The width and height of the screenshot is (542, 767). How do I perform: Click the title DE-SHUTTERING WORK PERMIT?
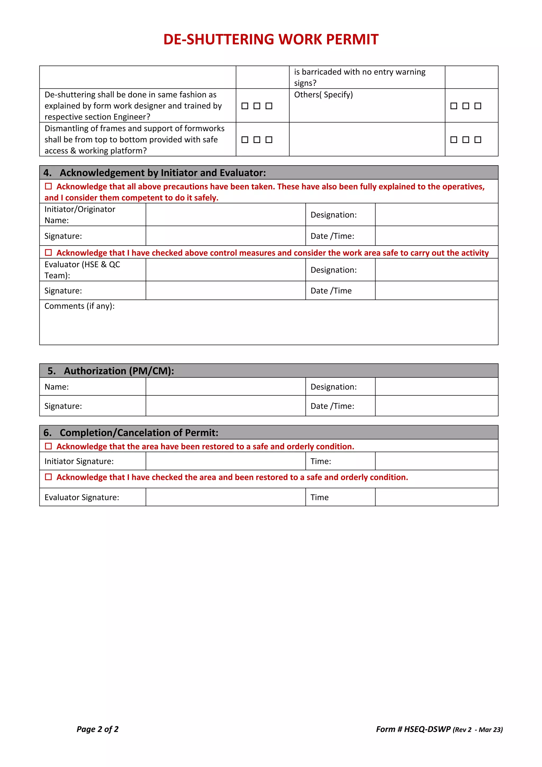[x=271, y=39]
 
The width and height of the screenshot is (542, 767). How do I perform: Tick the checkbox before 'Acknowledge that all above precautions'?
[x=48, y=186]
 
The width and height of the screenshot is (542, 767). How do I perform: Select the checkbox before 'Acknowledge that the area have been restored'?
[x=48, y=446]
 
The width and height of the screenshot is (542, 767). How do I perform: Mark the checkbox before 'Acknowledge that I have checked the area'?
[x=48, y=477]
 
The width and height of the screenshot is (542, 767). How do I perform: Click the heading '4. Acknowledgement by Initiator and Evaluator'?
[x=155, y=173]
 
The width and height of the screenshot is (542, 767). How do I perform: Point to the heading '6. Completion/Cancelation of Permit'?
[x=131, y=432]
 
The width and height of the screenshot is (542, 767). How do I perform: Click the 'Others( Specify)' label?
[x=323, y=95]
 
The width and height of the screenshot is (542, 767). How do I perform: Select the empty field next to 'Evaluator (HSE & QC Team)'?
[x=225, y=270]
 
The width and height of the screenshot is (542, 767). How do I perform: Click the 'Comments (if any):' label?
[x=79, y=306]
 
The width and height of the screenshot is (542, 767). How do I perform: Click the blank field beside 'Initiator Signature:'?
[x=225, y=461]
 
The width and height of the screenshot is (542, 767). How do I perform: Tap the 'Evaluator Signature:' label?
[x=82, y=497]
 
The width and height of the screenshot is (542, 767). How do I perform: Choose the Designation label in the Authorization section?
[x=333, y=386]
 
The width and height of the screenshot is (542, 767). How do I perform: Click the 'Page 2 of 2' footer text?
[x=97, y=729]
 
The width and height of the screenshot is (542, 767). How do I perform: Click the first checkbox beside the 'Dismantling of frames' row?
[x=245, y=140]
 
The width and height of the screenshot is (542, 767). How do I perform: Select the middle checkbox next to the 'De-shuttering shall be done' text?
[x=257, y=106]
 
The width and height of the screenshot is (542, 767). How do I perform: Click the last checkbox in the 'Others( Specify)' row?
[x=478, y=106]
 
